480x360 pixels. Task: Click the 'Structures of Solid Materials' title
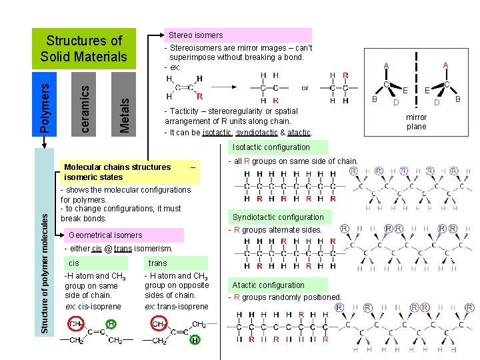click(x=84, y=49)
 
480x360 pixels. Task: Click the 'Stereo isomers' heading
click(x=195, y=35)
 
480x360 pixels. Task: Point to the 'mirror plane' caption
click(x=416, y=122)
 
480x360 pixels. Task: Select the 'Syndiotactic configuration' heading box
click(x=278, y=217)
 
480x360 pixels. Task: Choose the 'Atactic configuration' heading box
click(x=268, y=285)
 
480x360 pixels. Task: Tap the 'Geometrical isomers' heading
click(x=105, y=235)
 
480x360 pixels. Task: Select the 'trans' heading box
click(x=158, y=263)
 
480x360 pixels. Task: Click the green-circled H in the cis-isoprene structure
click(x=112, y=324)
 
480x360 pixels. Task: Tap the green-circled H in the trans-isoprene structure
click(x=195, y=340)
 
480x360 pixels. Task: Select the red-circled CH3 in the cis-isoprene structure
click(x=76, y=324)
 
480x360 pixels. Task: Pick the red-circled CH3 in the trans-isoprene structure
click(x=160, y=324)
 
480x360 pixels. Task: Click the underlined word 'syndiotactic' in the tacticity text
click(x=257, y=132)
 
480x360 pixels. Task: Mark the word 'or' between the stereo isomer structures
click(x=305, y=87)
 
